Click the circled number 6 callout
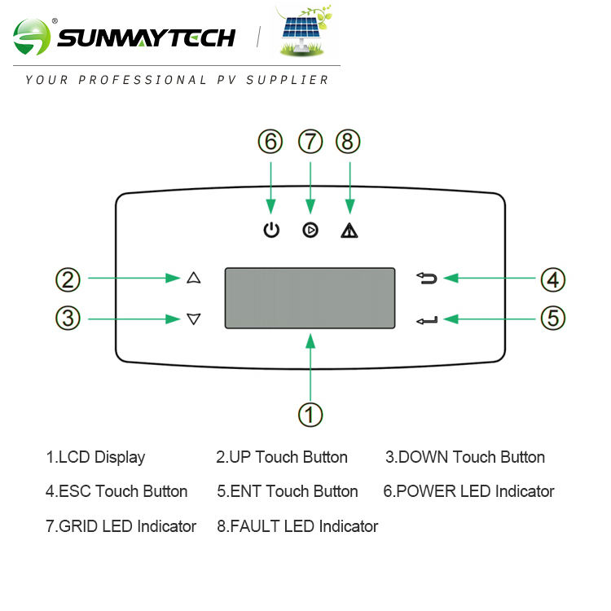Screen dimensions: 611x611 click(270, 142)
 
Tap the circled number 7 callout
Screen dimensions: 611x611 click(310, 142)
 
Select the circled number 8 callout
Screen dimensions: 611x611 click(349, 142)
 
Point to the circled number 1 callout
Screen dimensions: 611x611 click(310, 414)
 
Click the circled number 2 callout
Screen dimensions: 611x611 click(68, 279)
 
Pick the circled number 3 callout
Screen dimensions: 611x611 click(68, 318)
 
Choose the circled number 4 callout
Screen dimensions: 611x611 click(553, 279)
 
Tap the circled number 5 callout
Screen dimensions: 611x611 click(553, 318)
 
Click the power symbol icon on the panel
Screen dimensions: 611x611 click(271, 231)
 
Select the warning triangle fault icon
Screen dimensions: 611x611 click(349, 231)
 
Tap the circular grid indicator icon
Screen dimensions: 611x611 click(310, 231)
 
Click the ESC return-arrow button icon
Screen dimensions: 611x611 click(427, 279)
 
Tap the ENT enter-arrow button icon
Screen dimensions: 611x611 click(427, 320)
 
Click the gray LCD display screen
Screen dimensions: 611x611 click(310, 297)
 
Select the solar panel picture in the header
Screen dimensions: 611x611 click(304, 33)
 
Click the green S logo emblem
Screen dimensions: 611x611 click(32, 37)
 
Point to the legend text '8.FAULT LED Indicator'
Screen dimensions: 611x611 click(297, 526)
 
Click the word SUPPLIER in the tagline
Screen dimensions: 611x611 click(292, 80)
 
